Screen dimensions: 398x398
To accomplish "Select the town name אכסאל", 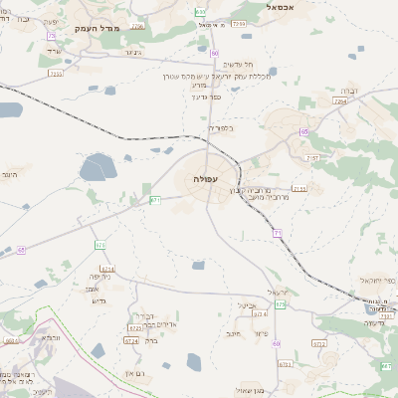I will click(286, 6).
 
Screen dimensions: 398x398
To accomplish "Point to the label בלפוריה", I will click(221, 127).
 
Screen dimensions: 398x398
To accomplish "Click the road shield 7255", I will click(55, 73).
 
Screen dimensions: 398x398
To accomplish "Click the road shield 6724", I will click(133, 327).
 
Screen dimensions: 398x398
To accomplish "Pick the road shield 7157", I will click(313, 158).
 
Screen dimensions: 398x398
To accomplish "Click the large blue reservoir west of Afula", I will click(97, 166).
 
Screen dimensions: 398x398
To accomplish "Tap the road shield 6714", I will click(107, 269).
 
